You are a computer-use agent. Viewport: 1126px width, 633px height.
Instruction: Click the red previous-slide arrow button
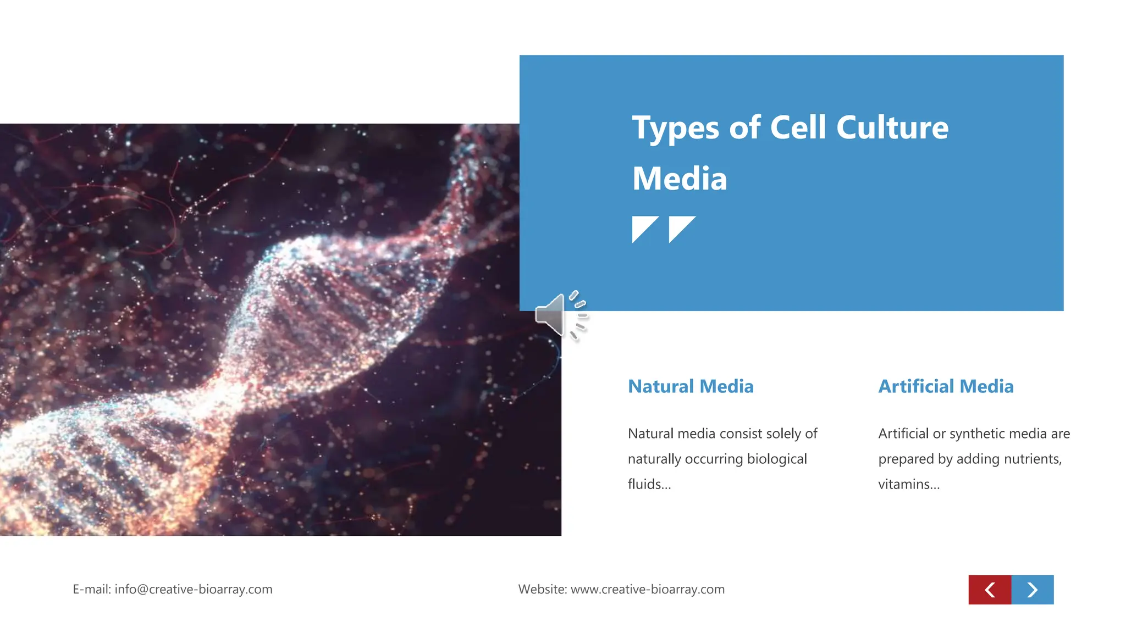pyautogui.click(x=990, y=590)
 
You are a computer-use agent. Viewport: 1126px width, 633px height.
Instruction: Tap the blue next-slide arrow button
pyautogui.click(x=1033, y=590)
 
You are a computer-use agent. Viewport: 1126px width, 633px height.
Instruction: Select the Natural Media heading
pyautogui.click(x=691, y=386)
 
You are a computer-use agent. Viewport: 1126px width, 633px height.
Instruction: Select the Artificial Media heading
pyautogui.click(x=946, y=386)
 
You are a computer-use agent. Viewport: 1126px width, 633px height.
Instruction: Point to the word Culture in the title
pyautogui.click(x=892, y=127)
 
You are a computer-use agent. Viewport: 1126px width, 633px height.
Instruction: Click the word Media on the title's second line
pyautogui.click(x=680, y=179)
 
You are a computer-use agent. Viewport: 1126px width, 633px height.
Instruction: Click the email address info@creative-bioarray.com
pyautogui.click(x=194, y=589)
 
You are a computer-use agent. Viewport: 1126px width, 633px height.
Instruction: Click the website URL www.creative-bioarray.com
pyautogui.click(x=647, y=589)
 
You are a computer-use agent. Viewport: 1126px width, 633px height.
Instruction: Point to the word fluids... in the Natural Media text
pyautogui.click(x=649, y=484)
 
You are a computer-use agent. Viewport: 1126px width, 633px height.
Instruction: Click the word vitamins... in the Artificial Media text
pyautogui.click(x=909, y=484)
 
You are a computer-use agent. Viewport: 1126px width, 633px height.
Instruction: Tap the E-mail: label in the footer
pyautogui.click(x=92, y=589)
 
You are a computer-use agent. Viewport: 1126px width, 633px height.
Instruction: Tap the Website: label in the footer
pyautogui.click(x=542, y=589)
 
